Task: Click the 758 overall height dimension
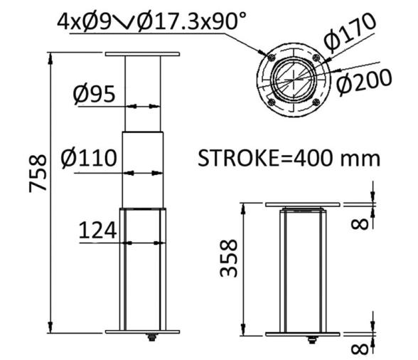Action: click(38, 173)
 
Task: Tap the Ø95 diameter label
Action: click(94, 95)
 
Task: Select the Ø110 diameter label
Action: click(89, 158)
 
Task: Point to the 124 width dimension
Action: click(97, 231)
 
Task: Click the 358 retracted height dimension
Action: click(228, 258)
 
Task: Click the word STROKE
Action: click(238, 159)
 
